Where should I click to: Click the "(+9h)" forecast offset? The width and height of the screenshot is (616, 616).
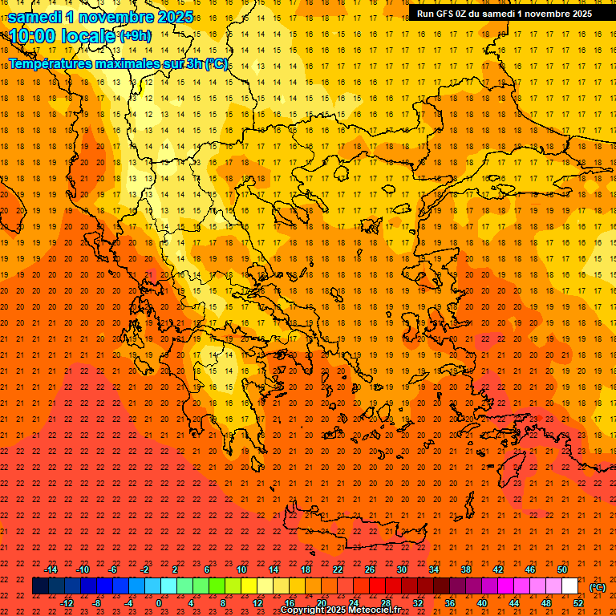[134, 36]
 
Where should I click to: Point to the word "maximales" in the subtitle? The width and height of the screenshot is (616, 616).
[133, 64]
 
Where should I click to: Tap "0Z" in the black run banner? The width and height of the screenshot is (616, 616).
[464, 14]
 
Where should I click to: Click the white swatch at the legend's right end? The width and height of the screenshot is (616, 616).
[570, 586]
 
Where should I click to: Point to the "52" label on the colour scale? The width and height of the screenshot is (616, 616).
[578, 603]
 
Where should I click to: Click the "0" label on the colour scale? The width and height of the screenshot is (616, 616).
[159, 603]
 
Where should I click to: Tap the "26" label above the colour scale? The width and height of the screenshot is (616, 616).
[370, 569]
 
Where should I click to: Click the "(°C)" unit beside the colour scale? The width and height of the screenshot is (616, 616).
[598, 587]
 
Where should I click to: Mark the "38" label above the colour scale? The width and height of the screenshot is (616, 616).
[466, 569]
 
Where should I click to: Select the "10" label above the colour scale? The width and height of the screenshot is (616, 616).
[241, 569]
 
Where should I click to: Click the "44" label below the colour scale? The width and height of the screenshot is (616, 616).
[514, 603]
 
